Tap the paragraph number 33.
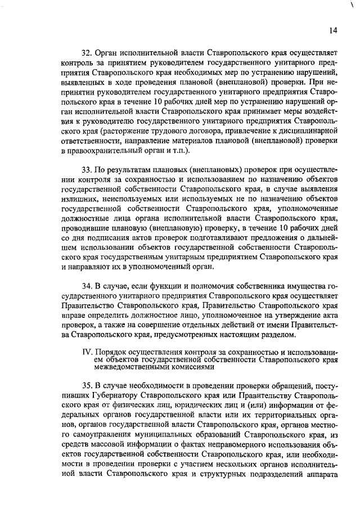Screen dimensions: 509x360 87,169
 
